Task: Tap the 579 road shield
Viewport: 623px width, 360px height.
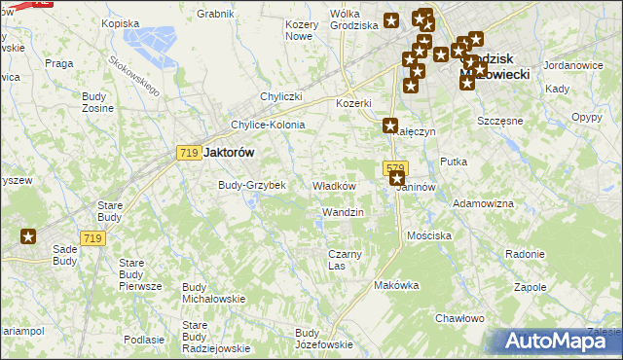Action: (394, 167)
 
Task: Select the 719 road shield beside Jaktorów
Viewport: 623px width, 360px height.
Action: (190, 153)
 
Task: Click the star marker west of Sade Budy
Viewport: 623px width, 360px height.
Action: (28, 235)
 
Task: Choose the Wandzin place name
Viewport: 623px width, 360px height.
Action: (343, 212)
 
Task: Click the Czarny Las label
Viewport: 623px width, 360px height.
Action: (345, 260)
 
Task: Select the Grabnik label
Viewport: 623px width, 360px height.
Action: (215, 14)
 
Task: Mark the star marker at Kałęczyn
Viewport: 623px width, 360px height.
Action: (390, 126)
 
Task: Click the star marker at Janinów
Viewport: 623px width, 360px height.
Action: (396, 179)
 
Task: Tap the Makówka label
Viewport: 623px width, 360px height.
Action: (396, 285)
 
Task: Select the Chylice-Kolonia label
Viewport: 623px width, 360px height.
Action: (268, 126)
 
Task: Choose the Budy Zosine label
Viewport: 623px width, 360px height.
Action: (97, 102)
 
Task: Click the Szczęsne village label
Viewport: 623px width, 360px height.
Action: (500, 121)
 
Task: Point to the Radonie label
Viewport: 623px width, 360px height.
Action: (525, 253)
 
